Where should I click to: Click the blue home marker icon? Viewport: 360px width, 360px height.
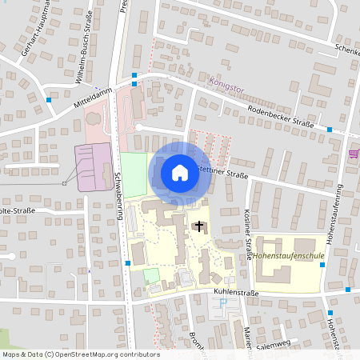[180, 172]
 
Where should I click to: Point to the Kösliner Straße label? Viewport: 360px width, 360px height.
[249, 232]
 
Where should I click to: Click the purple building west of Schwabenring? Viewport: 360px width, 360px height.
[93, 167]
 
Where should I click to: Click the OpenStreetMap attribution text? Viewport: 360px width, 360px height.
[80, 354]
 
